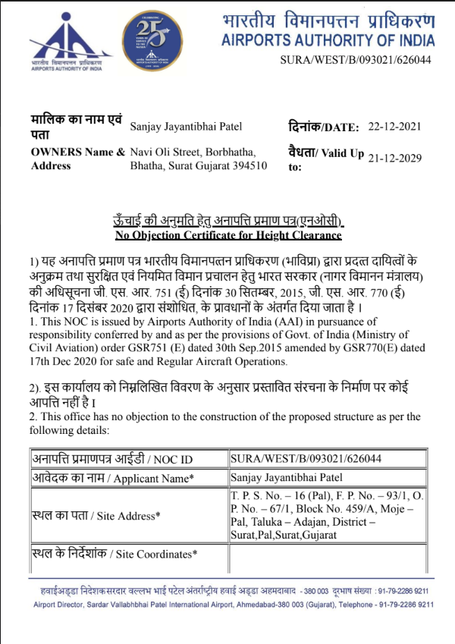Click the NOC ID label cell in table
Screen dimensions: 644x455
[111, 460]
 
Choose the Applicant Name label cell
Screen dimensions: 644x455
[112, 478]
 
